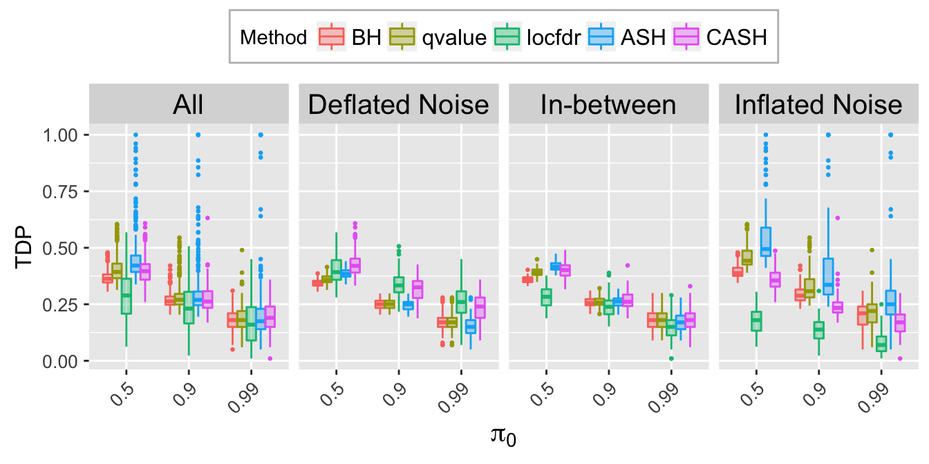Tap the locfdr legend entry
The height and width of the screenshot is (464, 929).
click(540, 37)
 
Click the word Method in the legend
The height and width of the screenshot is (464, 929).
click(273, 37)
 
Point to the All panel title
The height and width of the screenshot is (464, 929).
click(188, 105)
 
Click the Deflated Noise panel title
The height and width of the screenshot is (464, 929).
click(398, 105)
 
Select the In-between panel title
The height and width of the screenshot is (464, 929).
click(608, 105)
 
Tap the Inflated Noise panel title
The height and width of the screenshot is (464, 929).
click(818, 105)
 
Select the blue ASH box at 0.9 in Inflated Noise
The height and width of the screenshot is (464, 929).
click(829, 276)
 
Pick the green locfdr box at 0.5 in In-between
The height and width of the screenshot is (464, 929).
click(547, 298)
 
